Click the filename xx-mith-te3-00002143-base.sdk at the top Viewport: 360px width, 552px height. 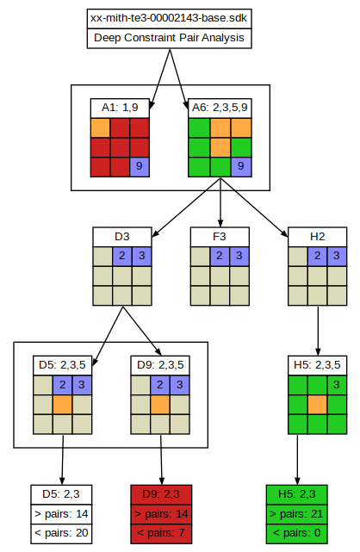(169, 18)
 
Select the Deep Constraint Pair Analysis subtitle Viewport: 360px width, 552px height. (169, 38)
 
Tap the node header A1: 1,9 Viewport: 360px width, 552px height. (120, 109)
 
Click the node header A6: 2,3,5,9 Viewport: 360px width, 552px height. (220, 109)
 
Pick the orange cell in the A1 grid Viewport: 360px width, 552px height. (100, 127)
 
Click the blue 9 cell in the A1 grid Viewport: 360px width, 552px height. (140, 167)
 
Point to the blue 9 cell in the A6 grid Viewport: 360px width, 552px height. (241, 167)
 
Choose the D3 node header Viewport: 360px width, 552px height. (122, 237)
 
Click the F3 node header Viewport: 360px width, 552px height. (220, 237)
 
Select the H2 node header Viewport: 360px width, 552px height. (318, 237)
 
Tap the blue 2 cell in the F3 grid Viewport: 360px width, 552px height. (220, 256)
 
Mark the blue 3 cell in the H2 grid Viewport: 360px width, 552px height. (337, 256)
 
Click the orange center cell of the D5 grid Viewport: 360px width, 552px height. (63, 405)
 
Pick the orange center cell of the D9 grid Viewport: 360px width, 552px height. (160, 405)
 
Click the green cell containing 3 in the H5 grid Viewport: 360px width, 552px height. (337, 385)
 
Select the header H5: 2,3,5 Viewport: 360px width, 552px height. (318, 365)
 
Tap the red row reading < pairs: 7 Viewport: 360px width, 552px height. (161, 533)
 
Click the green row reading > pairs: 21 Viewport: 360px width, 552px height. (296, 514)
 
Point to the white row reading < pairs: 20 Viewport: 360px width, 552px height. (61, 533)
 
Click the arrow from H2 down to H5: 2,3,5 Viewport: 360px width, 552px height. (318, 331)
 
